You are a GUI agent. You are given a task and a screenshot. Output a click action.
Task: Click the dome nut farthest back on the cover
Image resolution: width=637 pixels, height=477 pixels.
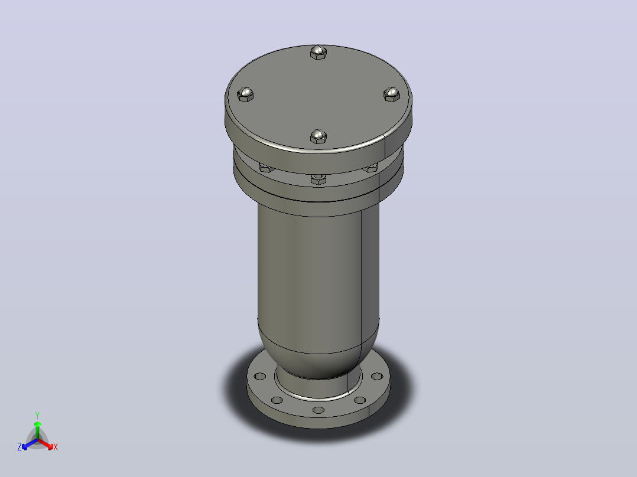[x=318, y=53]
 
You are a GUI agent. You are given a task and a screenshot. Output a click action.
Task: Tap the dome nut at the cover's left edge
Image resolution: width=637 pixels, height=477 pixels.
[x=245, y=94]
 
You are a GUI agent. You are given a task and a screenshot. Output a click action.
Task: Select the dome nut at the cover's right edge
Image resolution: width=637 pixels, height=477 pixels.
[x=392, y=94]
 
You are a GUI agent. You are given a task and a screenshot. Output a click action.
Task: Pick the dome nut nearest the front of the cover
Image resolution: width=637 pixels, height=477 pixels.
[x=318, y=136]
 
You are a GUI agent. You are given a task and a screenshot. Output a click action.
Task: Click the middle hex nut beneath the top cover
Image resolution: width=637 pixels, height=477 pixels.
[x=318, y=179]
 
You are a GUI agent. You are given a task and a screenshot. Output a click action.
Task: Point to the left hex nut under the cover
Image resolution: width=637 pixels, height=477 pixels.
[x=266, y=168]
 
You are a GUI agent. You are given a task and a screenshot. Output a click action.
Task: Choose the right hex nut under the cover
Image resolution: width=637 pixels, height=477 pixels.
[x=370, y=168]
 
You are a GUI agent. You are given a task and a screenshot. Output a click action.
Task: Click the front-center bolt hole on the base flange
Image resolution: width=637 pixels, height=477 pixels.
[x=318, y=410]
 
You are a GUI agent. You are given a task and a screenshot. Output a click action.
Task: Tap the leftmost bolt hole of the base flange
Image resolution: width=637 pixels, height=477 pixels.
[x=260, y=376]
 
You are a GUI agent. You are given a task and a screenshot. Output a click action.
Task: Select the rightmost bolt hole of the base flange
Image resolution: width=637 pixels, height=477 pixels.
[x=376, y=376]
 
